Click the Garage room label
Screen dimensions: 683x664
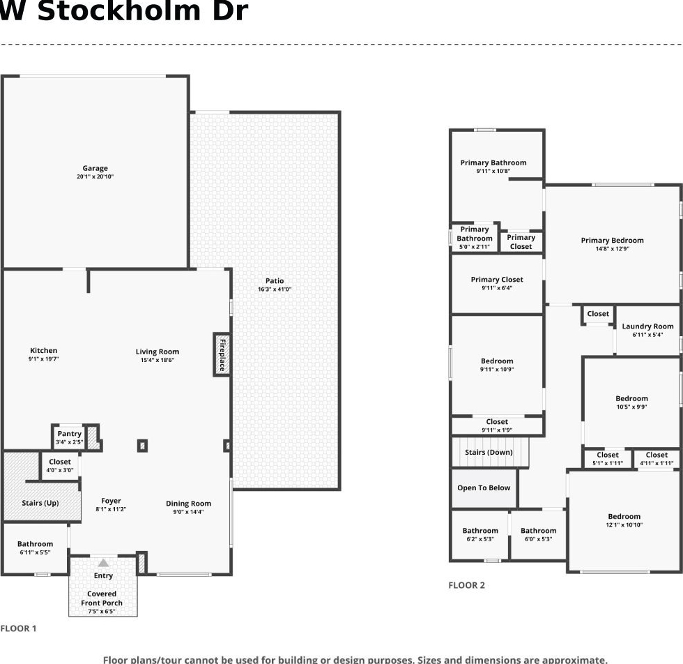[95, 168]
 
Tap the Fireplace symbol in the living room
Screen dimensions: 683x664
[222, 354]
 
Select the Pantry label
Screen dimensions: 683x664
[69, 434]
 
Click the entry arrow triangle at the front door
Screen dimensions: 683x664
[103, 563]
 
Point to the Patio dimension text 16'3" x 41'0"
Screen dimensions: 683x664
[275, 289]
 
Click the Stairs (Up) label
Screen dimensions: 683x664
[40, 503]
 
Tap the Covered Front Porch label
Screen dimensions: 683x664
[102, 598]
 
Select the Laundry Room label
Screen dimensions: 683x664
[647, 326]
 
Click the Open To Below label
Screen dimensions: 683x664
[484, 488]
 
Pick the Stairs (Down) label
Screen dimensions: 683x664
[489, 452]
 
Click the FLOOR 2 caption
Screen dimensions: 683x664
[466, 585]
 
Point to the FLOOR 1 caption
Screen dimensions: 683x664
[18, 628]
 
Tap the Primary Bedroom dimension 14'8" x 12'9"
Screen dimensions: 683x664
[613, 249]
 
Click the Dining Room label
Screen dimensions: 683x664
[188, 504]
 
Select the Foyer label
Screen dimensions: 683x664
[111, 501]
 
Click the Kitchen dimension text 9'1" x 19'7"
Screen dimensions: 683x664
[43, 359]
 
